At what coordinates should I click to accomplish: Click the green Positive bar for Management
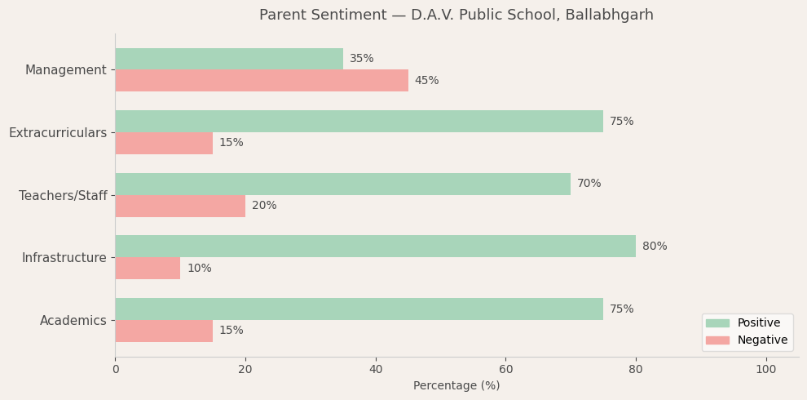(x=228, y=59)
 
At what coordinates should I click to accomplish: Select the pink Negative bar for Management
(x=261, y=81)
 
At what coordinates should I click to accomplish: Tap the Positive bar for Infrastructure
(x=375, y=247)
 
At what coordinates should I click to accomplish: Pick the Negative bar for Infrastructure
(x=148, y=269)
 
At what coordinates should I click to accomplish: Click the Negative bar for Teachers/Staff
(x=179, y=206)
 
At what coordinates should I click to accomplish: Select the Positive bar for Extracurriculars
(x=359, y=122)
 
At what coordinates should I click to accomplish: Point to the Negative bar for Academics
(x=163, y=331)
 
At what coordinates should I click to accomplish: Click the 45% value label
(x=426, y=81)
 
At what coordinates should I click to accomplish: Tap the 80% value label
(x=655, y=247)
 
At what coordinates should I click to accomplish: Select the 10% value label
(x=199, y=269)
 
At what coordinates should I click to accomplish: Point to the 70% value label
(x=589, y=184)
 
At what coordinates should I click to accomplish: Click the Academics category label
(x=73, y=321)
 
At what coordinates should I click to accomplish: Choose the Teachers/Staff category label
(x=63, y=196)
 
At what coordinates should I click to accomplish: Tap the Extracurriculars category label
(x=58, y=133)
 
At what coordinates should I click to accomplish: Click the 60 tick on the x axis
(x=505, y=370)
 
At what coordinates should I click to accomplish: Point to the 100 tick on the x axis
(x=765, y=370)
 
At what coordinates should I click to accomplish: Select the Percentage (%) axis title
(x=456, y=386)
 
